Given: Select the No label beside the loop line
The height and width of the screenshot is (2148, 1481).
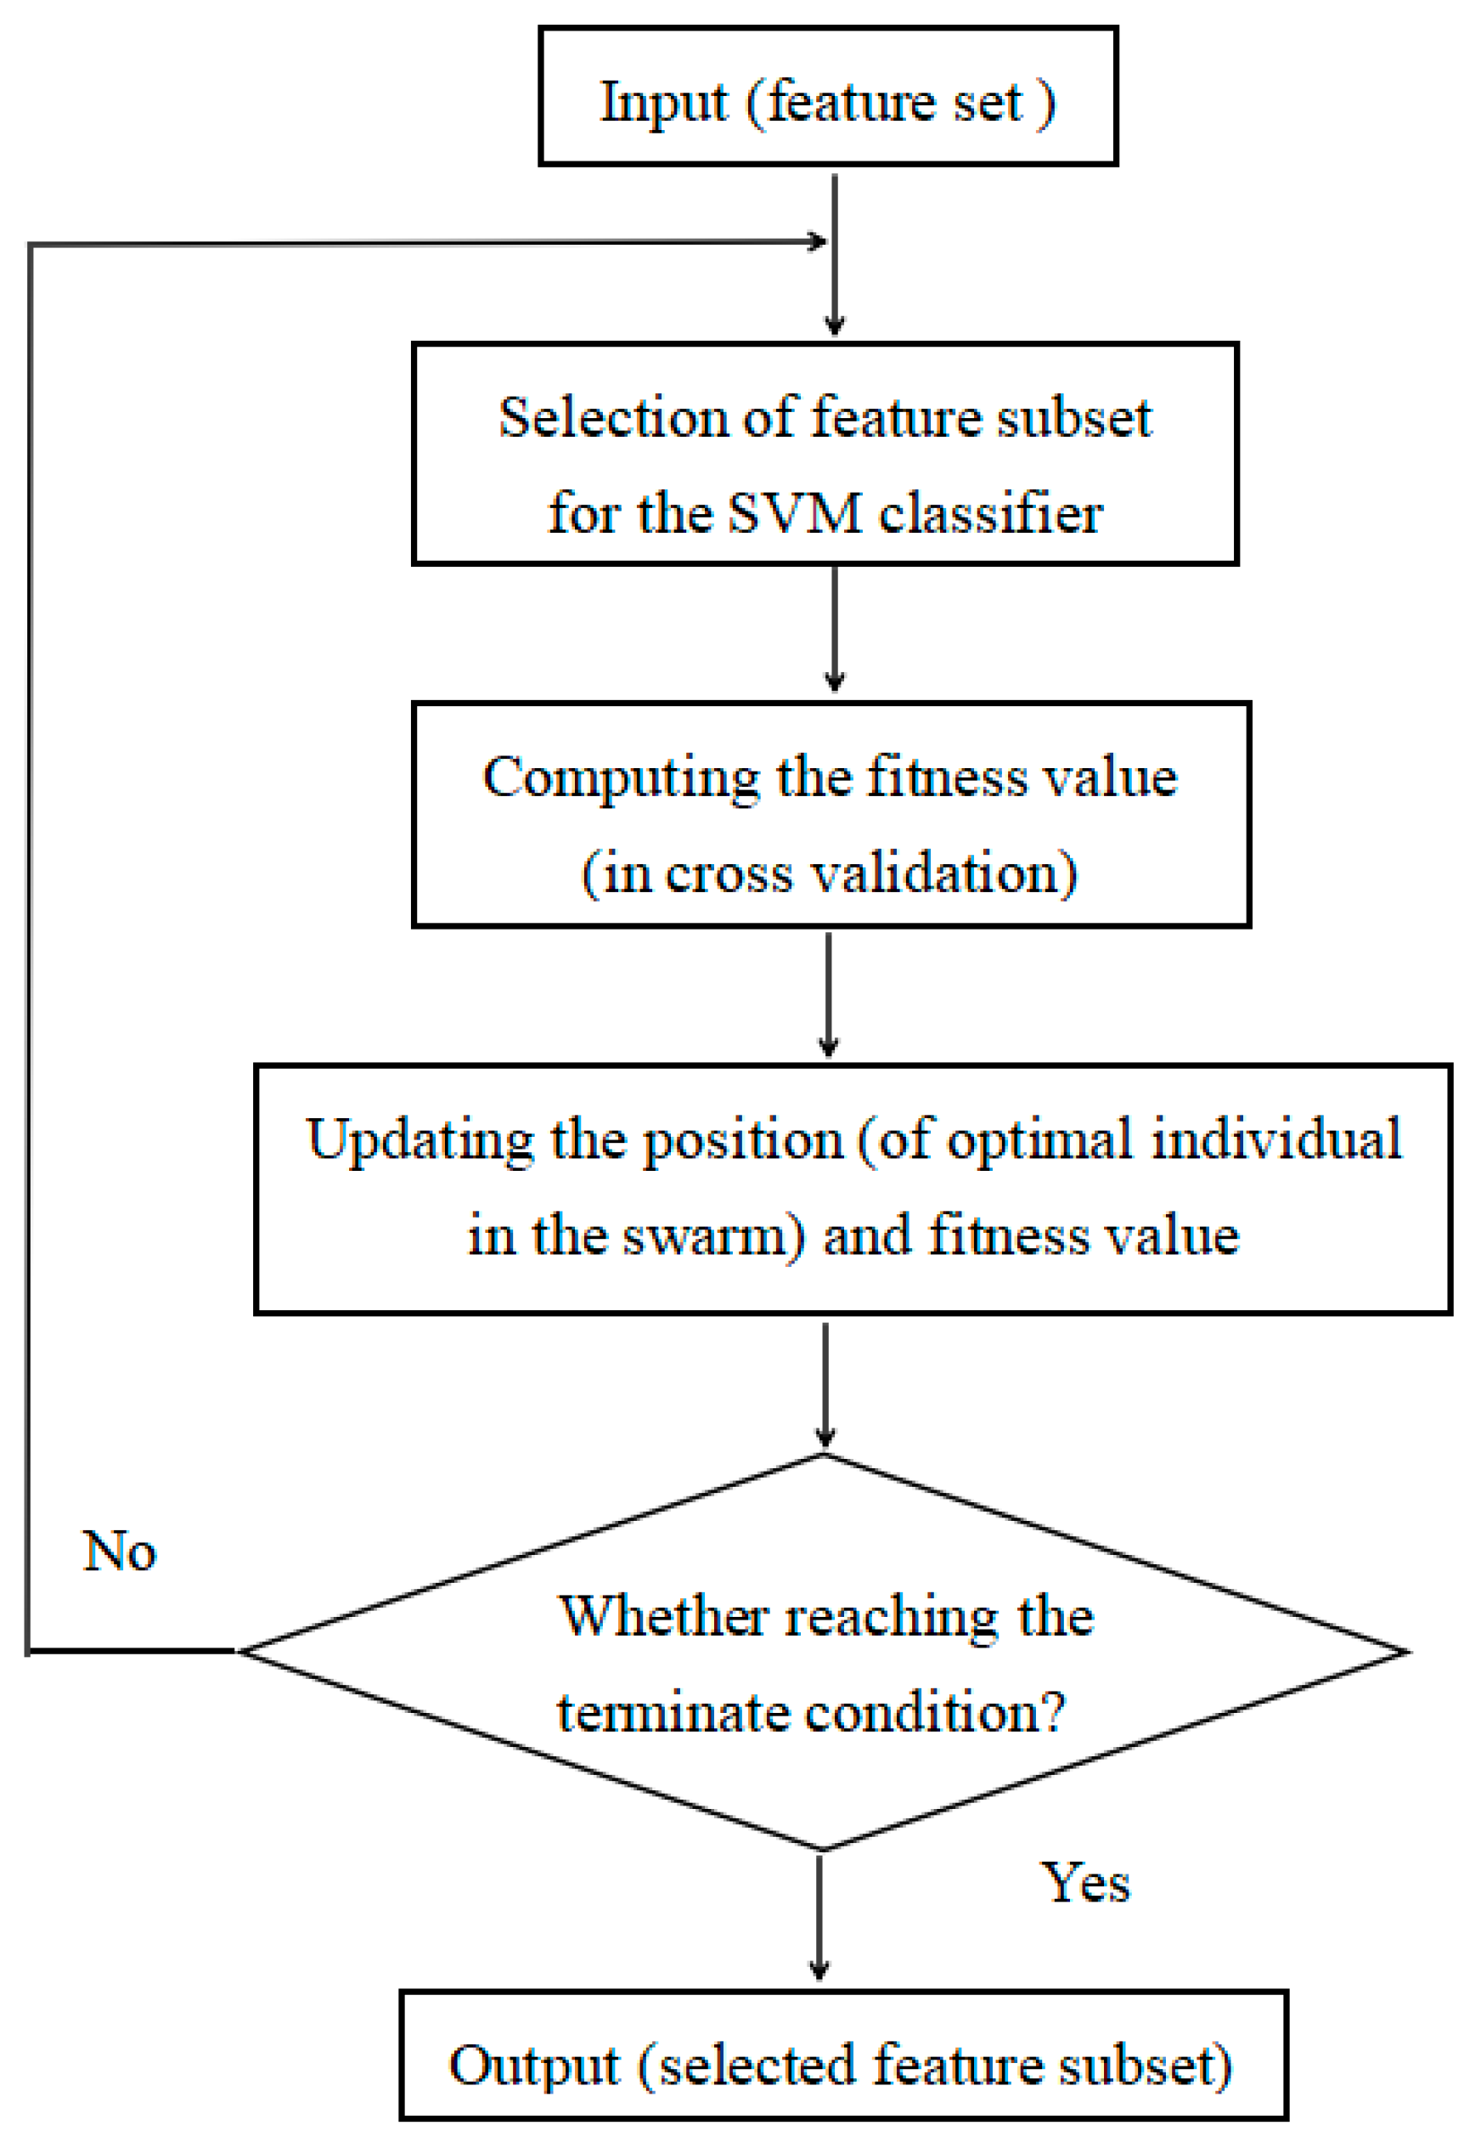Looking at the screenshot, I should coord(120,1552).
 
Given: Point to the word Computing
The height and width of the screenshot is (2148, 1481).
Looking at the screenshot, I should coord(621,777).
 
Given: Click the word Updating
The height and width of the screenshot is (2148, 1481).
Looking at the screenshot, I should coord(420,1140).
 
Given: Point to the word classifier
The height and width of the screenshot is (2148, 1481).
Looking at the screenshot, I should coord(990,512).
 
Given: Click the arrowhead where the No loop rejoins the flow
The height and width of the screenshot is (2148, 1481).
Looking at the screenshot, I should coord(818,242).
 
